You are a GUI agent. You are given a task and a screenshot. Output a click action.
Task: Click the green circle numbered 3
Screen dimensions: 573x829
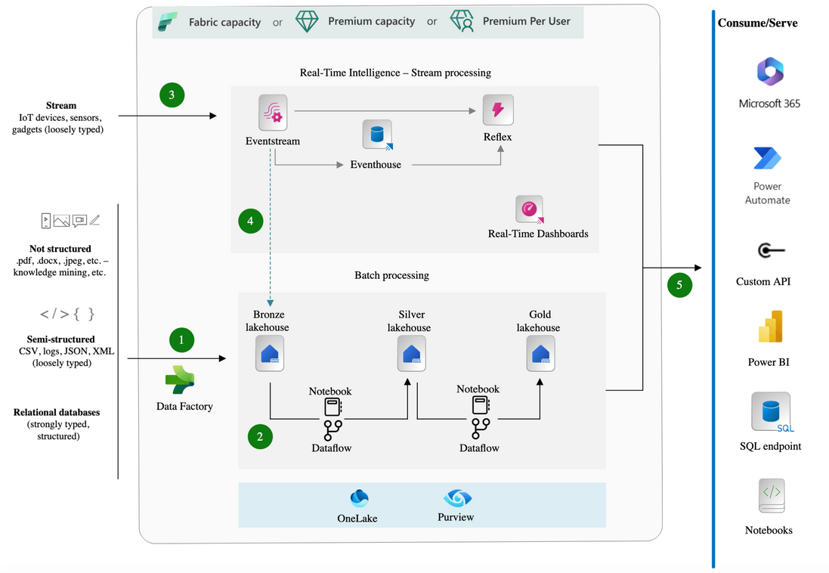click(x=172, y=94)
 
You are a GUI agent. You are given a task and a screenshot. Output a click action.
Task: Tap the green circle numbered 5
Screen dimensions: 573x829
click(x=679, y=285)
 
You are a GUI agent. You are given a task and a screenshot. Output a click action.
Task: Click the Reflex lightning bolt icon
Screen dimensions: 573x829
click(x=498, y=110)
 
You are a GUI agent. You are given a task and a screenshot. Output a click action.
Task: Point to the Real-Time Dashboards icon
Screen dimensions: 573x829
click(x=530, y=209)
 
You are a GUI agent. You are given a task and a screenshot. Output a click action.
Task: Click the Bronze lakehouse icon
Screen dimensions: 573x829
click(x=270, y=354)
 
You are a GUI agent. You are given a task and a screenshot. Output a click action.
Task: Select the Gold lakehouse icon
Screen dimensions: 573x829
click(x=540, y=354)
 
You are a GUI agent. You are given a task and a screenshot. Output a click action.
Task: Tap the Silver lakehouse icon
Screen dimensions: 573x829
click(x=411, y=354)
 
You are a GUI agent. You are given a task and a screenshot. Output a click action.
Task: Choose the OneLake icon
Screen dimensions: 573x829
click(x=359, y=498)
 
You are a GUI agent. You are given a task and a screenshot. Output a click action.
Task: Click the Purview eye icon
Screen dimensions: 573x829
click(x=457, y=498)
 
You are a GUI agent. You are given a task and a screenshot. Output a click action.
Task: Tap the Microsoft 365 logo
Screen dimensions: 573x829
click(x=770, y=73)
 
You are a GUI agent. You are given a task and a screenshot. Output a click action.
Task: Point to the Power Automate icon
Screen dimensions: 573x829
click(x=768, y=159)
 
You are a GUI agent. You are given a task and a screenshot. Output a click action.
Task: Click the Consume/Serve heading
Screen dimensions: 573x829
click(x=757, y=23)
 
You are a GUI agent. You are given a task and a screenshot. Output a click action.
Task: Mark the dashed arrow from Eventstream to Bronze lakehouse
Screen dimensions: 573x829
click(x=270, y=227)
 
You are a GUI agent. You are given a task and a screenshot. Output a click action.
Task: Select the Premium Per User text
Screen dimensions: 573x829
click(x=526, y=21)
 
